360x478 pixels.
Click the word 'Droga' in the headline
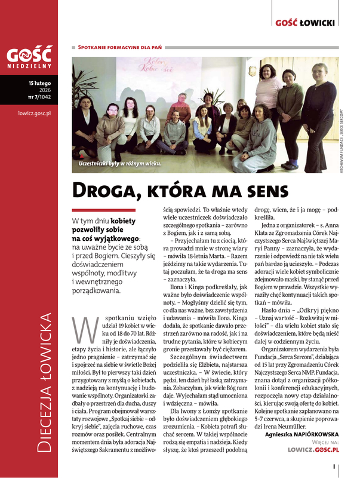[x=101, y=189]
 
